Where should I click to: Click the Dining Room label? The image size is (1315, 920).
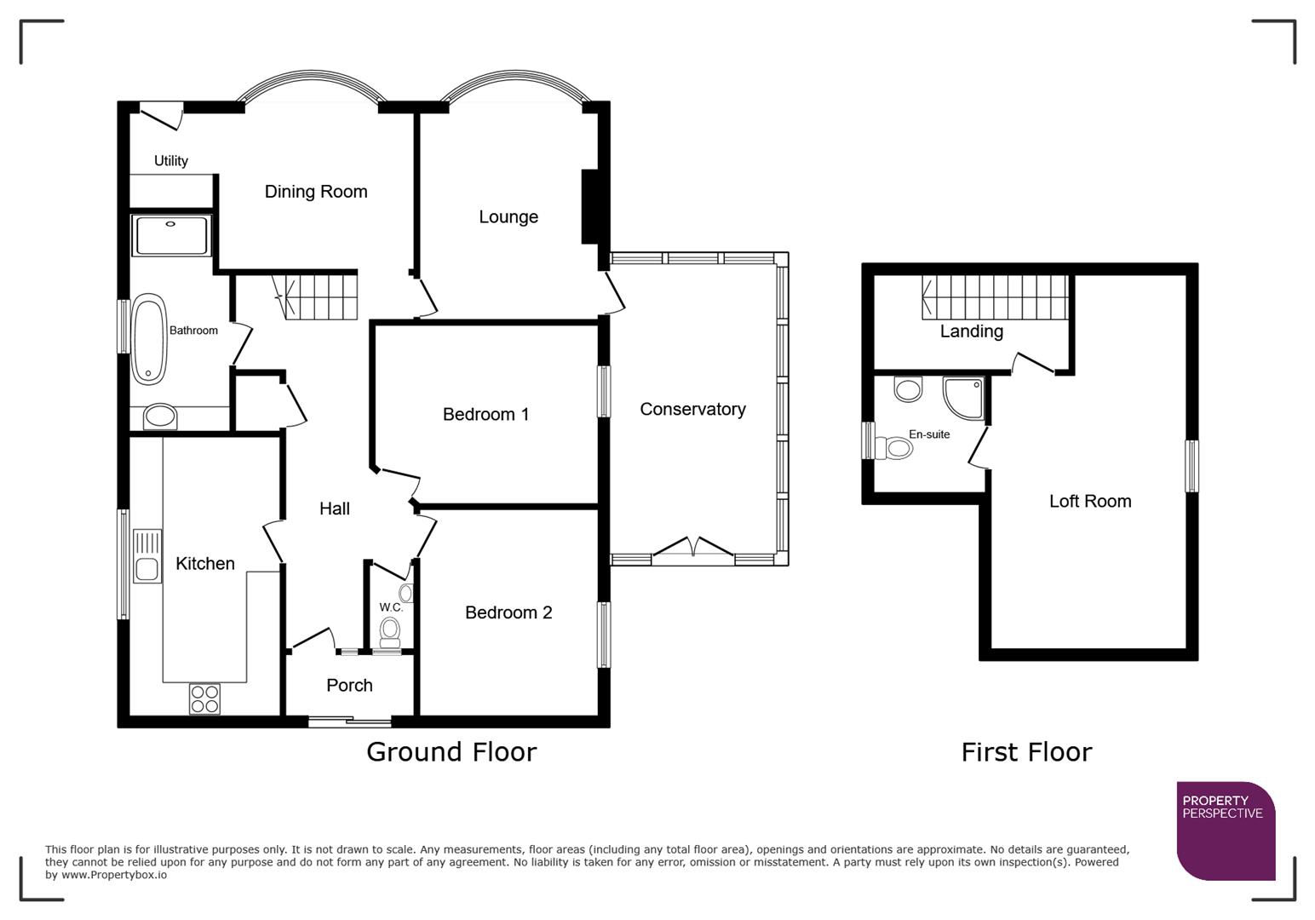[316, 192]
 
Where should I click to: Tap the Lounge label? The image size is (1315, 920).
[508, 217]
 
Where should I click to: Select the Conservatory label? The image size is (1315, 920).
[692, 410]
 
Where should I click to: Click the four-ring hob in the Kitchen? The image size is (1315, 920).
[205, 699]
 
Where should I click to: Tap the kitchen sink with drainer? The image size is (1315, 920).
[147, 555]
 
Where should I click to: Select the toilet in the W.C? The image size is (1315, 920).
[390, 630]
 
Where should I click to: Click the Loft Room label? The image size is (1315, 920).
[1090, 502]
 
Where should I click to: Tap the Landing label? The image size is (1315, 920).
[971, 331]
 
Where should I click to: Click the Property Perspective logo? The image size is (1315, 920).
[1225, 830]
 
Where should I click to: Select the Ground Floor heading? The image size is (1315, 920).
[451, 752]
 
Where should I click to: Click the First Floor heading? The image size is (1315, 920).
[1026, 752]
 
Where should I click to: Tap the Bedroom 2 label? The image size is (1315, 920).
[508, 612]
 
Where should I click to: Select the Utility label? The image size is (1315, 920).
[171, 161]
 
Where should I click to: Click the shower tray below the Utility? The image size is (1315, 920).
[171, 235]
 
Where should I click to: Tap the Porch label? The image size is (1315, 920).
[349, 686]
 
